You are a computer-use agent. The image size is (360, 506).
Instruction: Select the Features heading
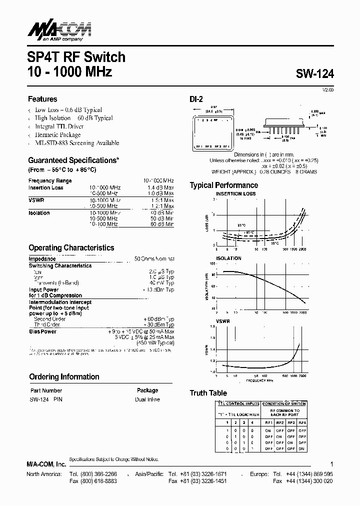tap(42, 99)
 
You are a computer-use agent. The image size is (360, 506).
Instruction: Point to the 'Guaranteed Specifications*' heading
tap(73, 160)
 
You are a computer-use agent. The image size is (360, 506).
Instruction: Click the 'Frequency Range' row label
tap(50, 180)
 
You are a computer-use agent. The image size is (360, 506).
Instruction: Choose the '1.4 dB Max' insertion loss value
tap(160, 188)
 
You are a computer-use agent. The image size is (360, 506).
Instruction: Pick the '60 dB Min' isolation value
tap(160, 224)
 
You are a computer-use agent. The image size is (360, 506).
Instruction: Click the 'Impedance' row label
tap(42, 259)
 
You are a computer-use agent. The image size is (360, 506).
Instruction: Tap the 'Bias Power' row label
tap(42, 331)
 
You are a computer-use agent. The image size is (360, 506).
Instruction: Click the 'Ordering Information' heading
tap(64, 377)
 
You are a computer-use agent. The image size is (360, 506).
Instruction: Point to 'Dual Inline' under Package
tap(147, 399)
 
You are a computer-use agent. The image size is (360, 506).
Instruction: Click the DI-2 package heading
tap(195, 99)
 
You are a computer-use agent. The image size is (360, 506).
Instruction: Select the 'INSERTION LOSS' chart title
tap(235, 193)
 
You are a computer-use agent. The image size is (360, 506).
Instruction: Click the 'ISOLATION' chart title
tap(228, 258)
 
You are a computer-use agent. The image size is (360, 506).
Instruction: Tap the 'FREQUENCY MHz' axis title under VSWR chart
tap(259, 380)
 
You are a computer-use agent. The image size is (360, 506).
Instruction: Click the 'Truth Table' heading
tap(208, 393)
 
